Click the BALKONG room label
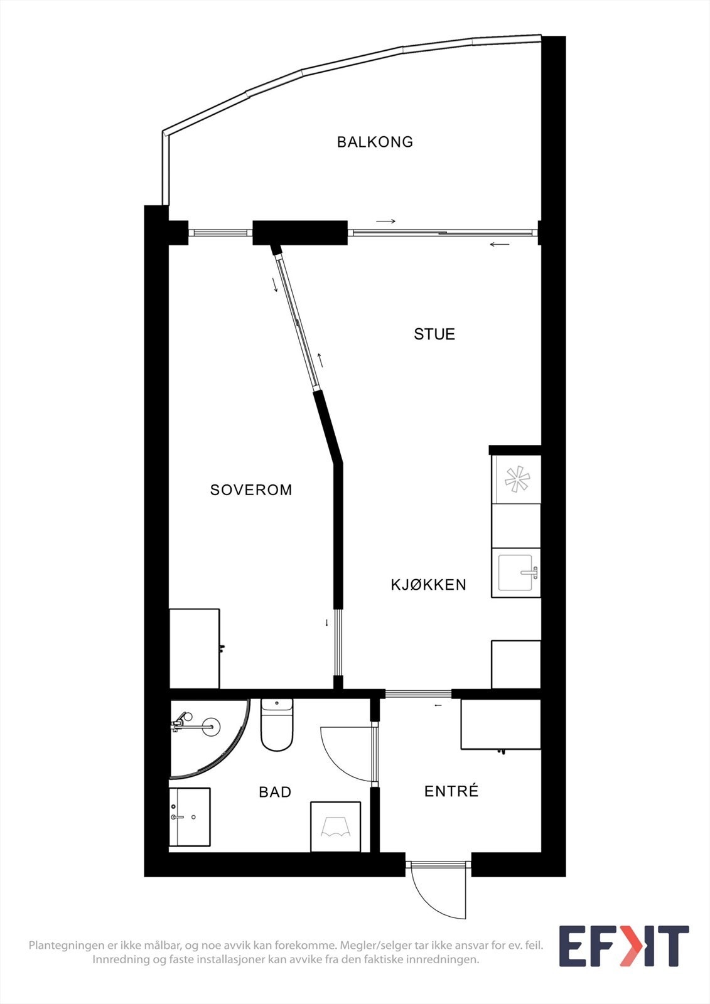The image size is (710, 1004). (x=375, y=142)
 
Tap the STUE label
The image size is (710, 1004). (x=434, y=334)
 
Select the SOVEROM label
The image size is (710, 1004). (x=251, y=489)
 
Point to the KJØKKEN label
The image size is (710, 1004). (x=428, y=585)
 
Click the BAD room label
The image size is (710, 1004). (x=275, y=792)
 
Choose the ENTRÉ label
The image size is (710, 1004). (x=451, y=791)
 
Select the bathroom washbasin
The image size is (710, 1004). (x=189, y=816)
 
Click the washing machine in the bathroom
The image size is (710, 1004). (x=335, y=826)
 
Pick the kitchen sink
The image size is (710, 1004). (x=515, y=572)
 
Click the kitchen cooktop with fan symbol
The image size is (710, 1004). (x=517, y=480)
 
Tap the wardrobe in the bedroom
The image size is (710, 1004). (x=194, y=648)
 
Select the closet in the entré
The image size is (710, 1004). (x=500, y=724)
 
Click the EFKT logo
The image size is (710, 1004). (x=623, y=946)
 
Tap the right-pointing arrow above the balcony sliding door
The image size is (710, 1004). (x=385, y=221)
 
